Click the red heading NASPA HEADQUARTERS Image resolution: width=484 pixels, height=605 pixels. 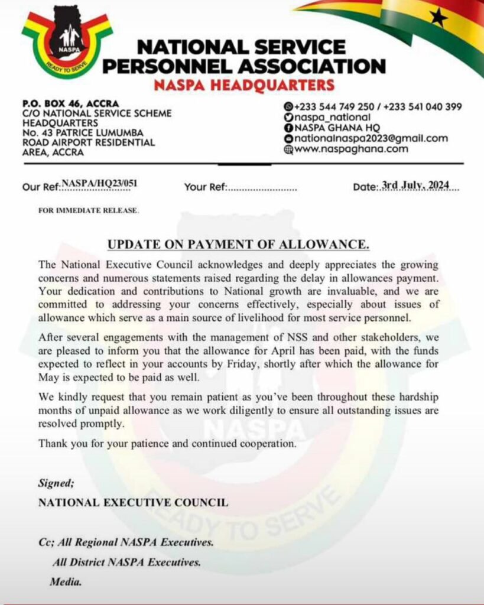[x=243, y=84]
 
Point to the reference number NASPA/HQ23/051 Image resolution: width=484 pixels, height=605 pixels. [x=99, y=183]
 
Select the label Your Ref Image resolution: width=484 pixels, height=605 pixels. [x=204, y=187]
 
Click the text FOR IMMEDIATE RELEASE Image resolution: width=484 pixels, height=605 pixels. [x=88, y=210]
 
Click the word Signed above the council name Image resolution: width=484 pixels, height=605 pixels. [x=56, y=483]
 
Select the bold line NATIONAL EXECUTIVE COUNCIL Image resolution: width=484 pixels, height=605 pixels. [x=133, y=502]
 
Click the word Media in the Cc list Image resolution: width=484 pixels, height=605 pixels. [x=65, y=582]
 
